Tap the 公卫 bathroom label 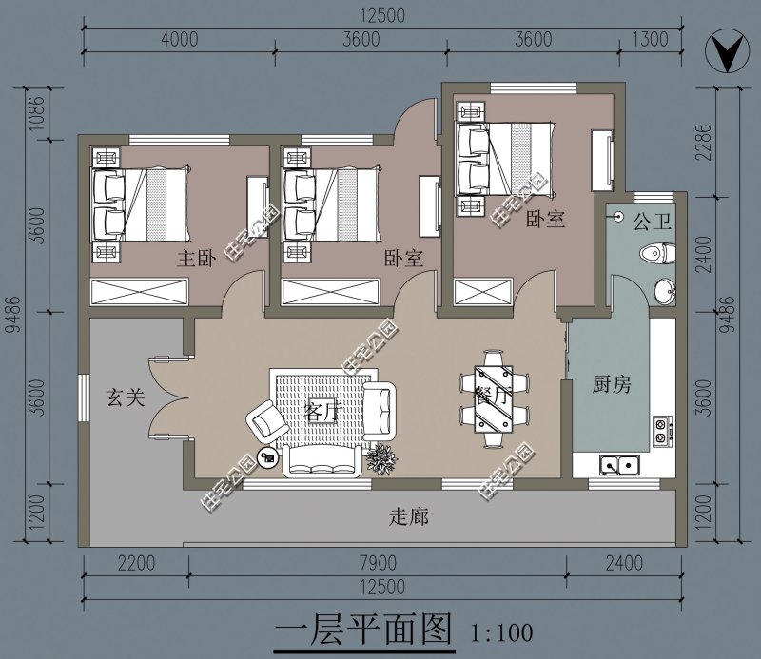pos(654,222)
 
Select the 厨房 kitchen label pos(612,385)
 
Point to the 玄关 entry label pos(125,397)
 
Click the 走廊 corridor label pos(410,517)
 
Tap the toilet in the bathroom pos(657,253)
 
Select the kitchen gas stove pos(660,432)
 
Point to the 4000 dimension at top pos(179,39)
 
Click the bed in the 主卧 pos(143,203)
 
